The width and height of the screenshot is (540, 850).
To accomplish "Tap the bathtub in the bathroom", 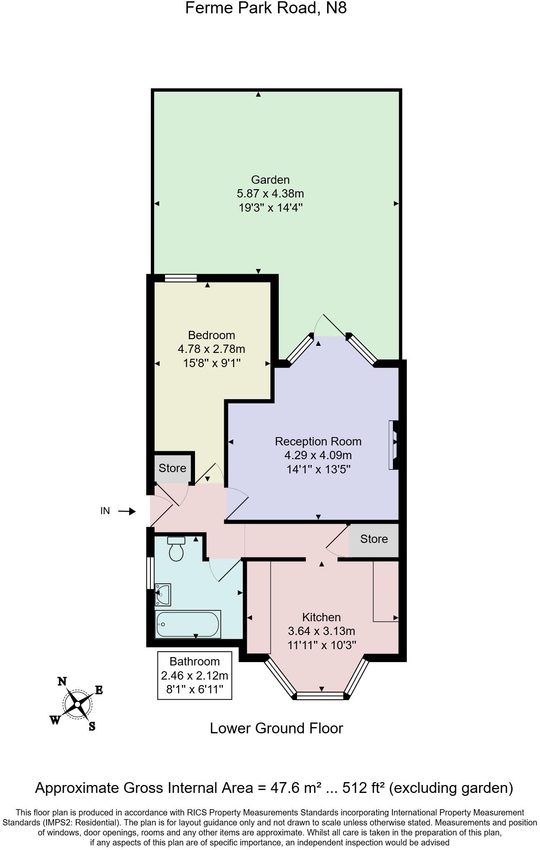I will pos(187,624).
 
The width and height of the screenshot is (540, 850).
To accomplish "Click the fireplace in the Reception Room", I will pos(393,445).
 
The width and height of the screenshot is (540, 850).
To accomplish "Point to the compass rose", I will pos(77,704).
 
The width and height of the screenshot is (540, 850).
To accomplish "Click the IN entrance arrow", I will pos(127,511).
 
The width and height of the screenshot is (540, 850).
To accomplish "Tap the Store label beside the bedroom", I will pos(172,468).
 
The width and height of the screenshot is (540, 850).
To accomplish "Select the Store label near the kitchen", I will pos(374,539).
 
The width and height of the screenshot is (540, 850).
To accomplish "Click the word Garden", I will pos(270,180).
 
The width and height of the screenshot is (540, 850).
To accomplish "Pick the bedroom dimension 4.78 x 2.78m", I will pos(211,349).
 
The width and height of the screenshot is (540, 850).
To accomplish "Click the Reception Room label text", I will pos(318,441).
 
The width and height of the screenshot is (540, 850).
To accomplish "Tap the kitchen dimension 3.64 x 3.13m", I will pos(321,631).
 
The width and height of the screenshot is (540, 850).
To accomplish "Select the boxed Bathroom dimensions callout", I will pos(195,675).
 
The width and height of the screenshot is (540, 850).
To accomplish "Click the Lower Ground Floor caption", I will pos(276,728).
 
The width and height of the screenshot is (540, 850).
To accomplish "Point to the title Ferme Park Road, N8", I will pos(266,8).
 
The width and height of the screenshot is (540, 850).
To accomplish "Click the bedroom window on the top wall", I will pos(180,278).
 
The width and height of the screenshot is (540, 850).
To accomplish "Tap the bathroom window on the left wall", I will pos(149,573).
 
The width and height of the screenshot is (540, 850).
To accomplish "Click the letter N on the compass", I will pos(62,681).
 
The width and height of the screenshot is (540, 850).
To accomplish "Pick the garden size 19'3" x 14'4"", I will pos(270,207).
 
